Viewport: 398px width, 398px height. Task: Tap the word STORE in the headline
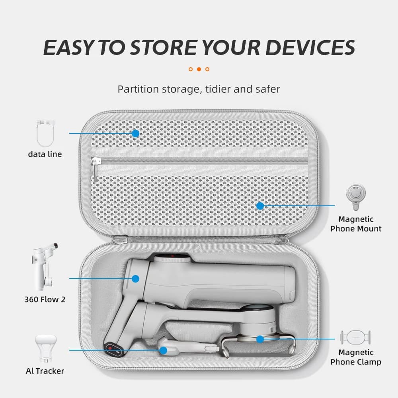(164, 47)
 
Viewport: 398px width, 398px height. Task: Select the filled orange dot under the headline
(199, 69)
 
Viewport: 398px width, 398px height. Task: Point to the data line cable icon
(45, 133)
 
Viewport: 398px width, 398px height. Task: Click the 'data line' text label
(45, 154)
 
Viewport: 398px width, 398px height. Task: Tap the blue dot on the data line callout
(136, 133)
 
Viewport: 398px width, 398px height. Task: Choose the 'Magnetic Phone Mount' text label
(355, 224)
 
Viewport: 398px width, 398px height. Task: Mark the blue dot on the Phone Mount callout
(260, 206)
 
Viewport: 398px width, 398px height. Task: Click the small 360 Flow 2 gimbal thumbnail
(45, 267)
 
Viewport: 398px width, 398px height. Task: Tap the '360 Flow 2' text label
(45, 300)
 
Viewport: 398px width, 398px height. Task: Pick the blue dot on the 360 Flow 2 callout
(136, 279)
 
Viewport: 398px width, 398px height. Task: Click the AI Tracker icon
(46, 348)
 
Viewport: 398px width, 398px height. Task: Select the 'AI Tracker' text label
(45, 371)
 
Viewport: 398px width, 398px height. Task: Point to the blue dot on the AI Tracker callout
(163, 351)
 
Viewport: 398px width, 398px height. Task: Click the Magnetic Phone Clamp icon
(355, 338)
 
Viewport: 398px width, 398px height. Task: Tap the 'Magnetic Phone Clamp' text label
(355, 357)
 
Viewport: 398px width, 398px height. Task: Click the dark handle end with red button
(113, 349)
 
